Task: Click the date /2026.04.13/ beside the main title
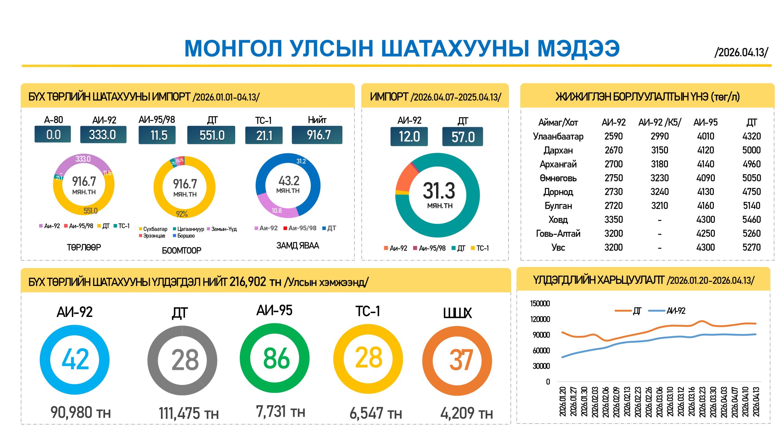coord(741,52)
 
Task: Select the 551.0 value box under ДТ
coord(211,135)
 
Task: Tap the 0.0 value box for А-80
coord(53,135)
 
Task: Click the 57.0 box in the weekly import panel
coord(462,137)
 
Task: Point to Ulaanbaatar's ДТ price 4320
coord(751,136)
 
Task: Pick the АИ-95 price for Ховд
coord(705,220)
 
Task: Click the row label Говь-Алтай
coord(558,234)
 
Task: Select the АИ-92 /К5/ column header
coord(659,123)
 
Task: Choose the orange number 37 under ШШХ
coord(461,360)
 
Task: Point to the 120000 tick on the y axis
coord(540,319)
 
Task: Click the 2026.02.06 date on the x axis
coord(605,402)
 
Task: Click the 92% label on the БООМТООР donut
coord(182,214)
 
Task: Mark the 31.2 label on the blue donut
coord(301,161)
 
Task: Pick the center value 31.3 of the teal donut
coord(439,191)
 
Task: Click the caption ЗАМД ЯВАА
coord(297,246)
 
